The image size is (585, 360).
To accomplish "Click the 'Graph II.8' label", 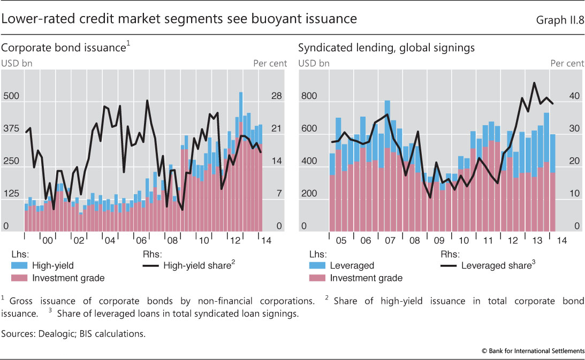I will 560,20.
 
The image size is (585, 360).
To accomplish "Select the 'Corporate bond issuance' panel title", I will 64,48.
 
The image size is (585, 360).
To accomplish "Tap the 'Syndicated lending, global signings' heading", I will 386,48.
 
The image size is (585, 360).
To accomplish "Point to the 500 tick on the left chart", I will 11,97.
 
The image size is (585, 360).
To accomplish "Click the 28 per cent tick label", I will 277,97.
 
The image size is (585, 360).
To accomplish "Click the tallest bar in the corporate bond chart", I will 241,160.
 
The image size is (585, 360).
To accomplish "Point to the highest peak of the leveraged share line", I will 534,83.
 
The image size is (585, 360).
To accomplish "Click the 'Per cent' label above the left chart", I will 270,63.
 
